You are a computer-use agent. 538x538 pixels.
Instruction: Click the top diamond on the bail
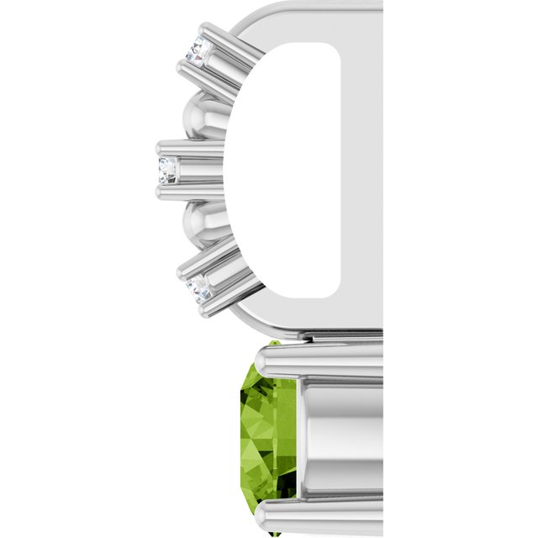(198, 50)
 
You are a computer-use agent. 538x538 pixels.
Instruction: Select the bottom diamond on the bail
(199, 288)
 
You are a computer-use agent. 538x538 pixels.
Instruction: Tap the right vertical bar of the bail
(361, 168)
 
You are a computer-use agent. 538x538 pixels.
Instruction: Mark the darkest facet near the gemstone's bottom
(286, 479)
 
